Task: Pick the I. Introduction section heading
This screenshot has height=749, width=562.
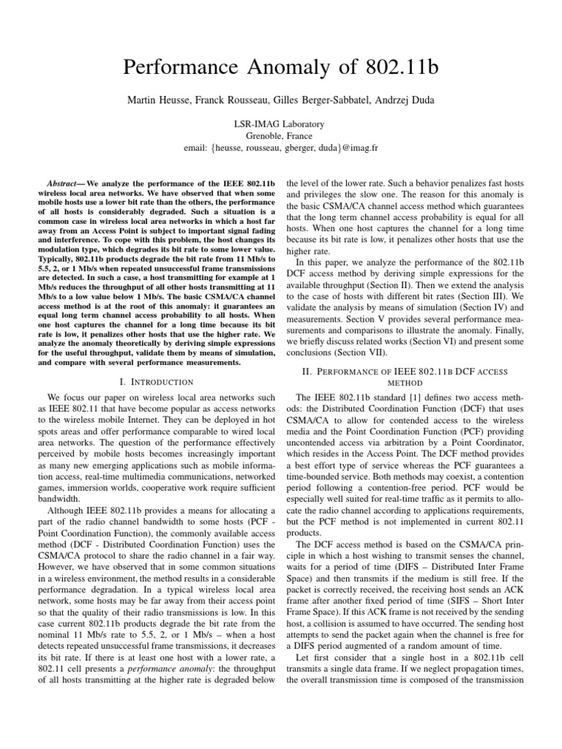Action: (155, 382)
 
